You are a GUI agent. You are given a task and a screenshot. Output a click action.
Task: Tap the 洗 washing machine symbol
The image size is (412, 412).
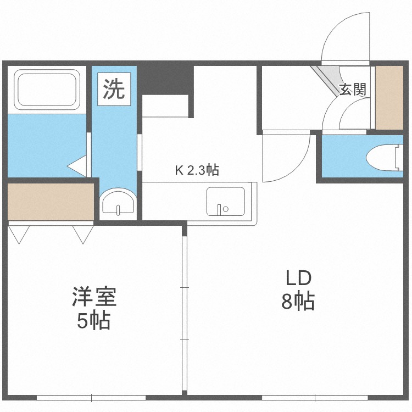pos(114,89)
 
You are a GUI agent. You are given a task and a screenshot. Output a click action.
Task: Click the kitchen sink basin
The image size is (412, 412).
pos(225,202)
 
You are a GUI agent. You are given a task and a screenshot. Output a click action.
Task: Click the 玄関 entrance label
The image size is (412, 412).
pos(352,90)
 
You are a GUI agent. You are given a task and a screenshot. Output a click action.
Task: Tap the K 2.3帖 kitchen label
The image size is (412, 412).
pos(197,170)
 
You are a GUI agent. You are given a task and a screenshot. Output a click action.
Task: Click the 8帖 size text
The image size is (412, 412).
pos(298,302)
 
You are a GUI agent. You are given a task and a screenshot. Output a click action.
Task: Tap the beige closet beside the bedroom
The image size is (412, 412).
pos(51,202)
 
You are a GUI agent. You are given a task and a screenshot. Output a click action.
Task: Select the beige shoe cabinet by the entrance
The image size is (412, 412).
pos(389,98)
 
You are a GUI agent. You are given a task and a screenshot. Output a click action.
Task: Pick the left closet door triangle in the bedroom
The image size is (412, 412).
pos(19,235)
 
